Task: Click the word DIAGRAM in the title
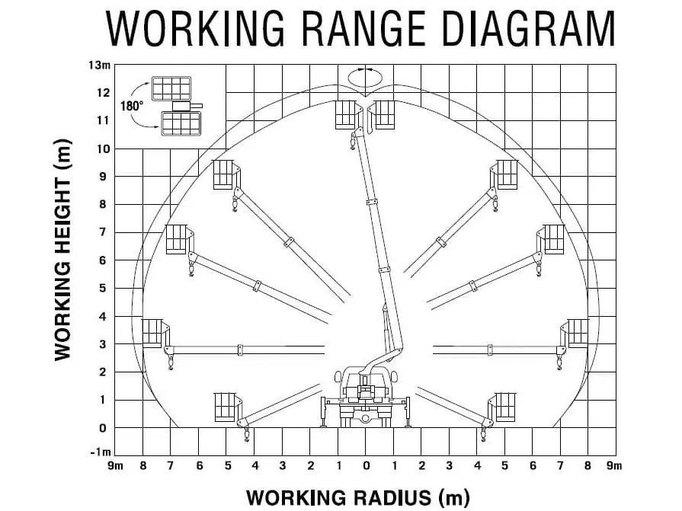pyautogui.click(x=528, y=29)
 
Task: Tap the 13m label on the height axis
pyautogui.click(x=99, y=65)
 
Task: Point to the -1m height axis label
pyautogui.click(x=100, y=452)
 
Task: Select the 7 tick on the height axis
pyautogui.click(x=103, y=232)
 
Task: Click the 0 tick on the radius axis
pyautogui.click(x=367, y=466)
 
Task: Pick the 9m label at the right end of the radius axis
pyautogui.click(x=614, y=466)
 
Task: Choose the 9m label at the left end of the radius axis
pyautogui.click(x=115, y=466)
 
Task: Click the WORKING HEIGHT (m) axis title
pyautogui.click(x=62, y=250)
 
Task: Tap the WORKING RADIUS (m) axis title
pyautogui.click(x=358, y=497)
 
